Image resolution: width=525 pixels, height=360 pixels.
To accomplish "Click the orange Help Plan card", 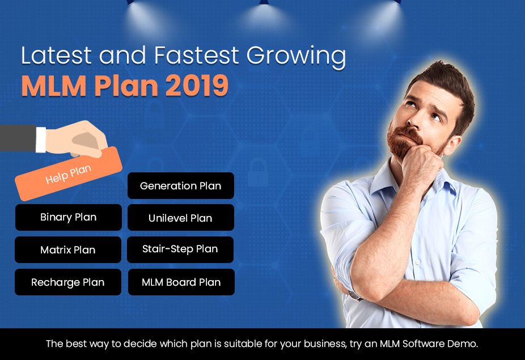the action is pyautogui.click(x=69, y=174).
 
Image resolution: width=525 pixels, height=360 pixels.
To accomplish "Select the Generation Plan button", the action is pyautogui.click(x=181, y=185).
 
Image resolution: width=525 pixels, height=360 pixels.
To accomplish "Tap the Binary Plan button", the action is pyautogui.click(x=68, y=217).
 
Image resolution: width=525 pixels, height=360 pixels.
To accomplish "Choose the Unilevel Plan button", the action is pyautogui.click(x=181, y=218).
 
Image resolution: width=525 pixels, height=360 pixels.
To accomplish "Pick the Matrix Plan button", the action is pyautogui.click(x=68, y=250).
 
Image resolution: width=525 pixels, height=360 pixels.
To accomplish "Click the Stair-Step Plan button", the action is pyautogui.click(x=180, y=249).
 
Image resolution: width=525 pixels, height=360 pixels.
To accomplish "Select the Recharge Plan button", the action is pyautogui.click(x=68, y=282).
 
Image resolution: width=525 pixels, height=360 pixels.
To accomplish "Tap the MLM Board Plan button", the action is pyautogui.click(x=181, y=282).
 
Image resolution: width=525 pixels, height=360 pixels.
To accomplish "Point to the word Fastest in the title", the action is pyautogui.click(x=196, y=55).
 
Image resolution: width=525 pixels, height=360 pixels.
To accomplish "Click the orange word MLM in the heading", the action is pyautogui.click(x=53, y=86).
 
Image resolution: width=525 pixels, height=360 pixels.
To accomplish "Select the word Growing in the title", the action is pyautogui.click(x=296, y=57).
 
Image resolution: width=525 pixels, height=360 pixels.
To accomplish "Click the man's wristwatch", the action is pyautogui.click(x=355, y=295).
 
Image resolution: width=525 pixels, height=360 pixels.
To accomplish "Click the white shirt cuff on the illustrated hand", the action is pyautogui.click(x=41, y=139).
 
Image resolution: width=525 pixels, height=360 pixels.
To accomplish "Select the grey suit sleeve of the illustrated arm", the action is pyautogui.click(x=18, y=138).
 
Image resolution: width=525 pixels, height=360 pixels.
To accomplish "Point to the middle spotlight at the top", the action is pyautogui.click(x=264, y=14).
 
